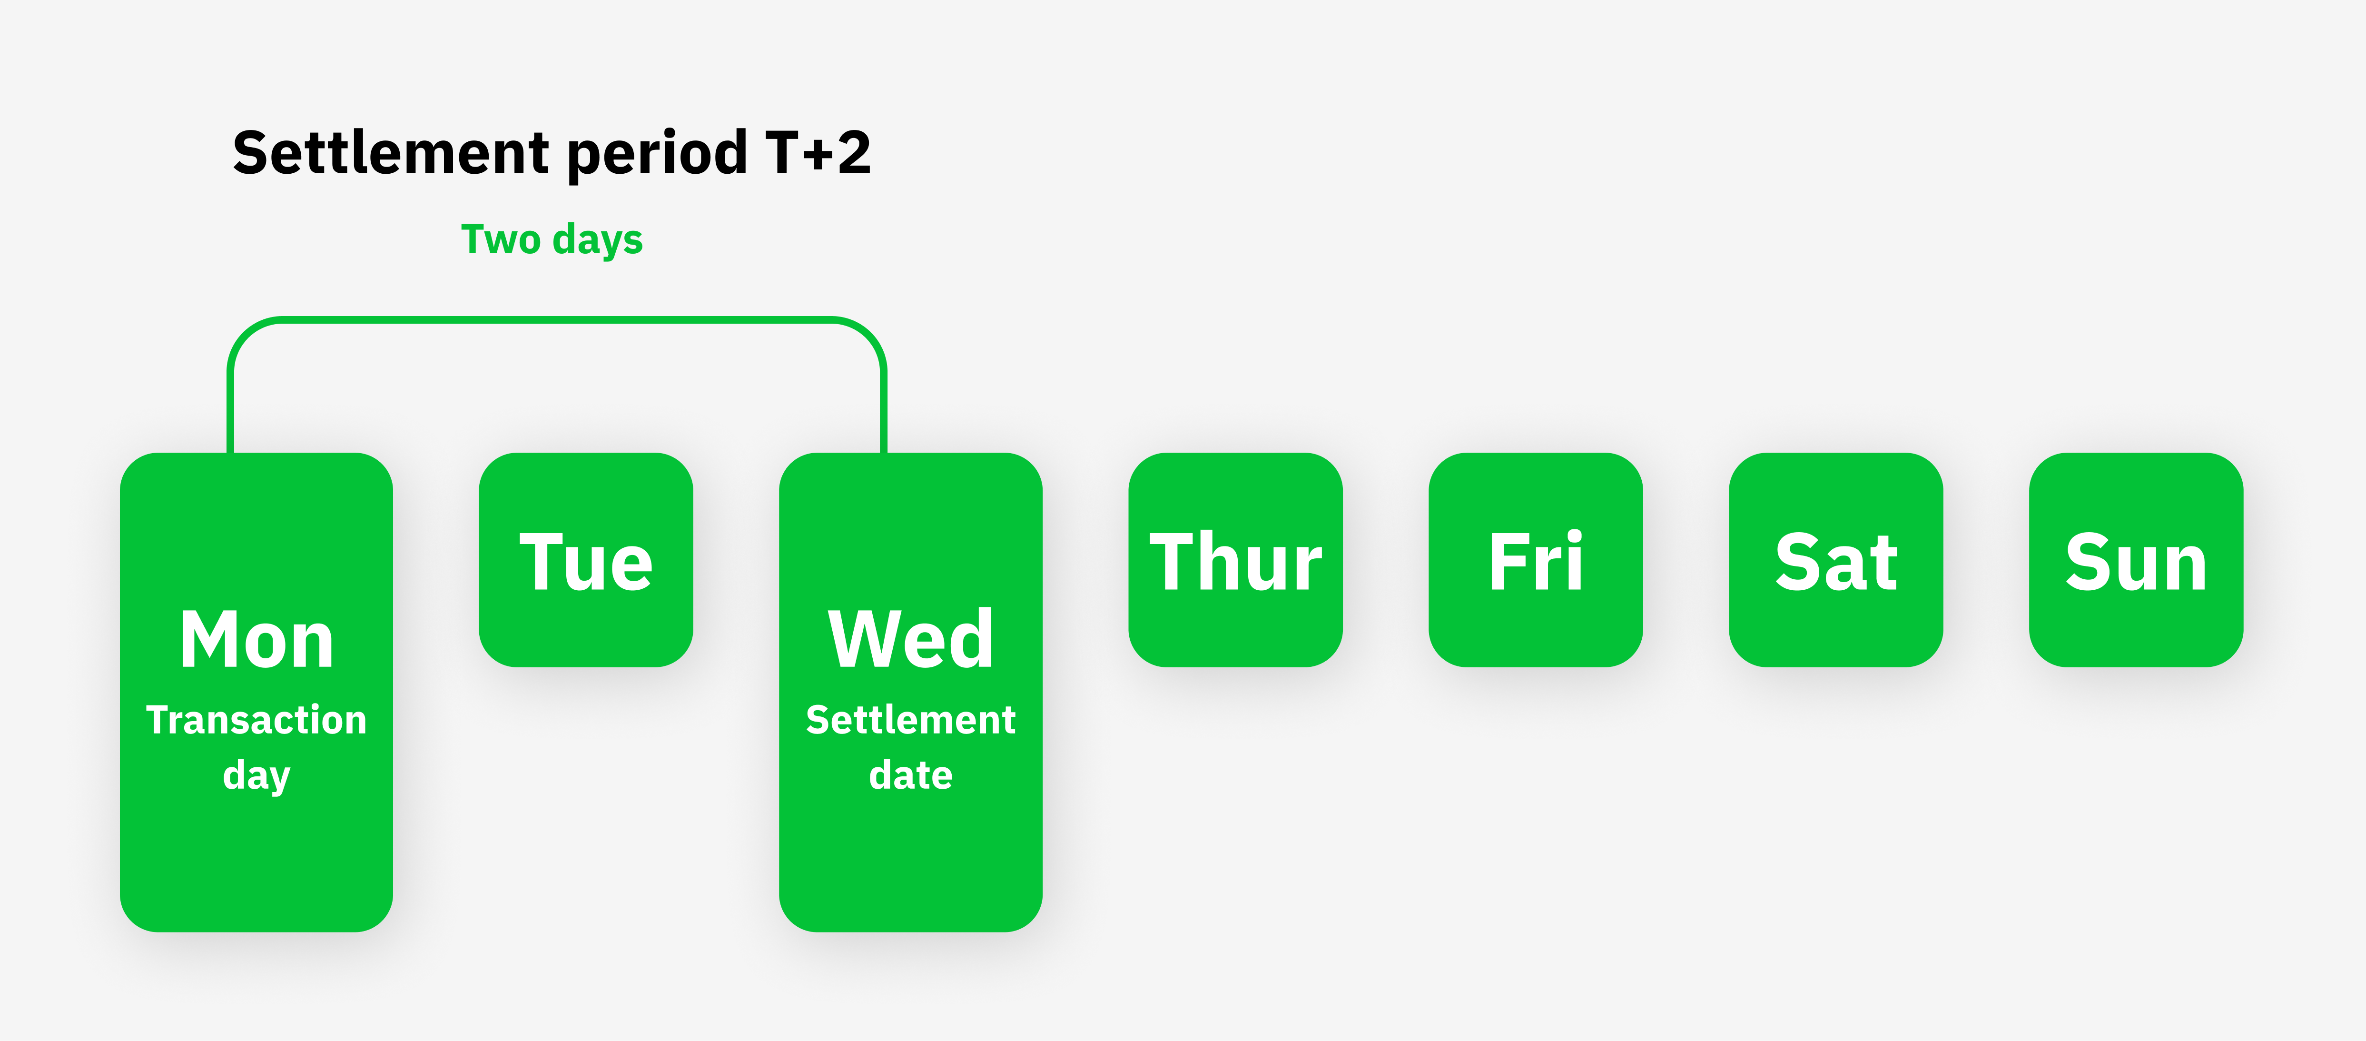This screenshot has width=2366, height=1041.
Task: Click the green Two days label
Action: pos(552,240)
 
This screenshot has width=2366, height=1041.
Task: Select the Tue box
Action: pos(586,560)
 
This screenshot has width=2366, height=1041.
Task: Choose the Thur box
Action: pos(1235,560)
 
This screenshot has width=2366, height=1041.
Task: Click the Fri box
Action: pos(1536,560)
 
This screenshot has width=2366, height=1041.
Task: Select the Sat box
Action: pos(1836,560)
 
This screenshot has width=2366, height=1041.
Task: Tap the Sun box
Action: pos(2136,560)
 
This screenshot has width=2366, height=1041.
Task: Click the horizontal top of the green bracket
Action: pos(557,320)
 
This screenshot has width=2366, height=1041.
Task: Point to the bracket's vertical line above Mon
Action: pos(230,414)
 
